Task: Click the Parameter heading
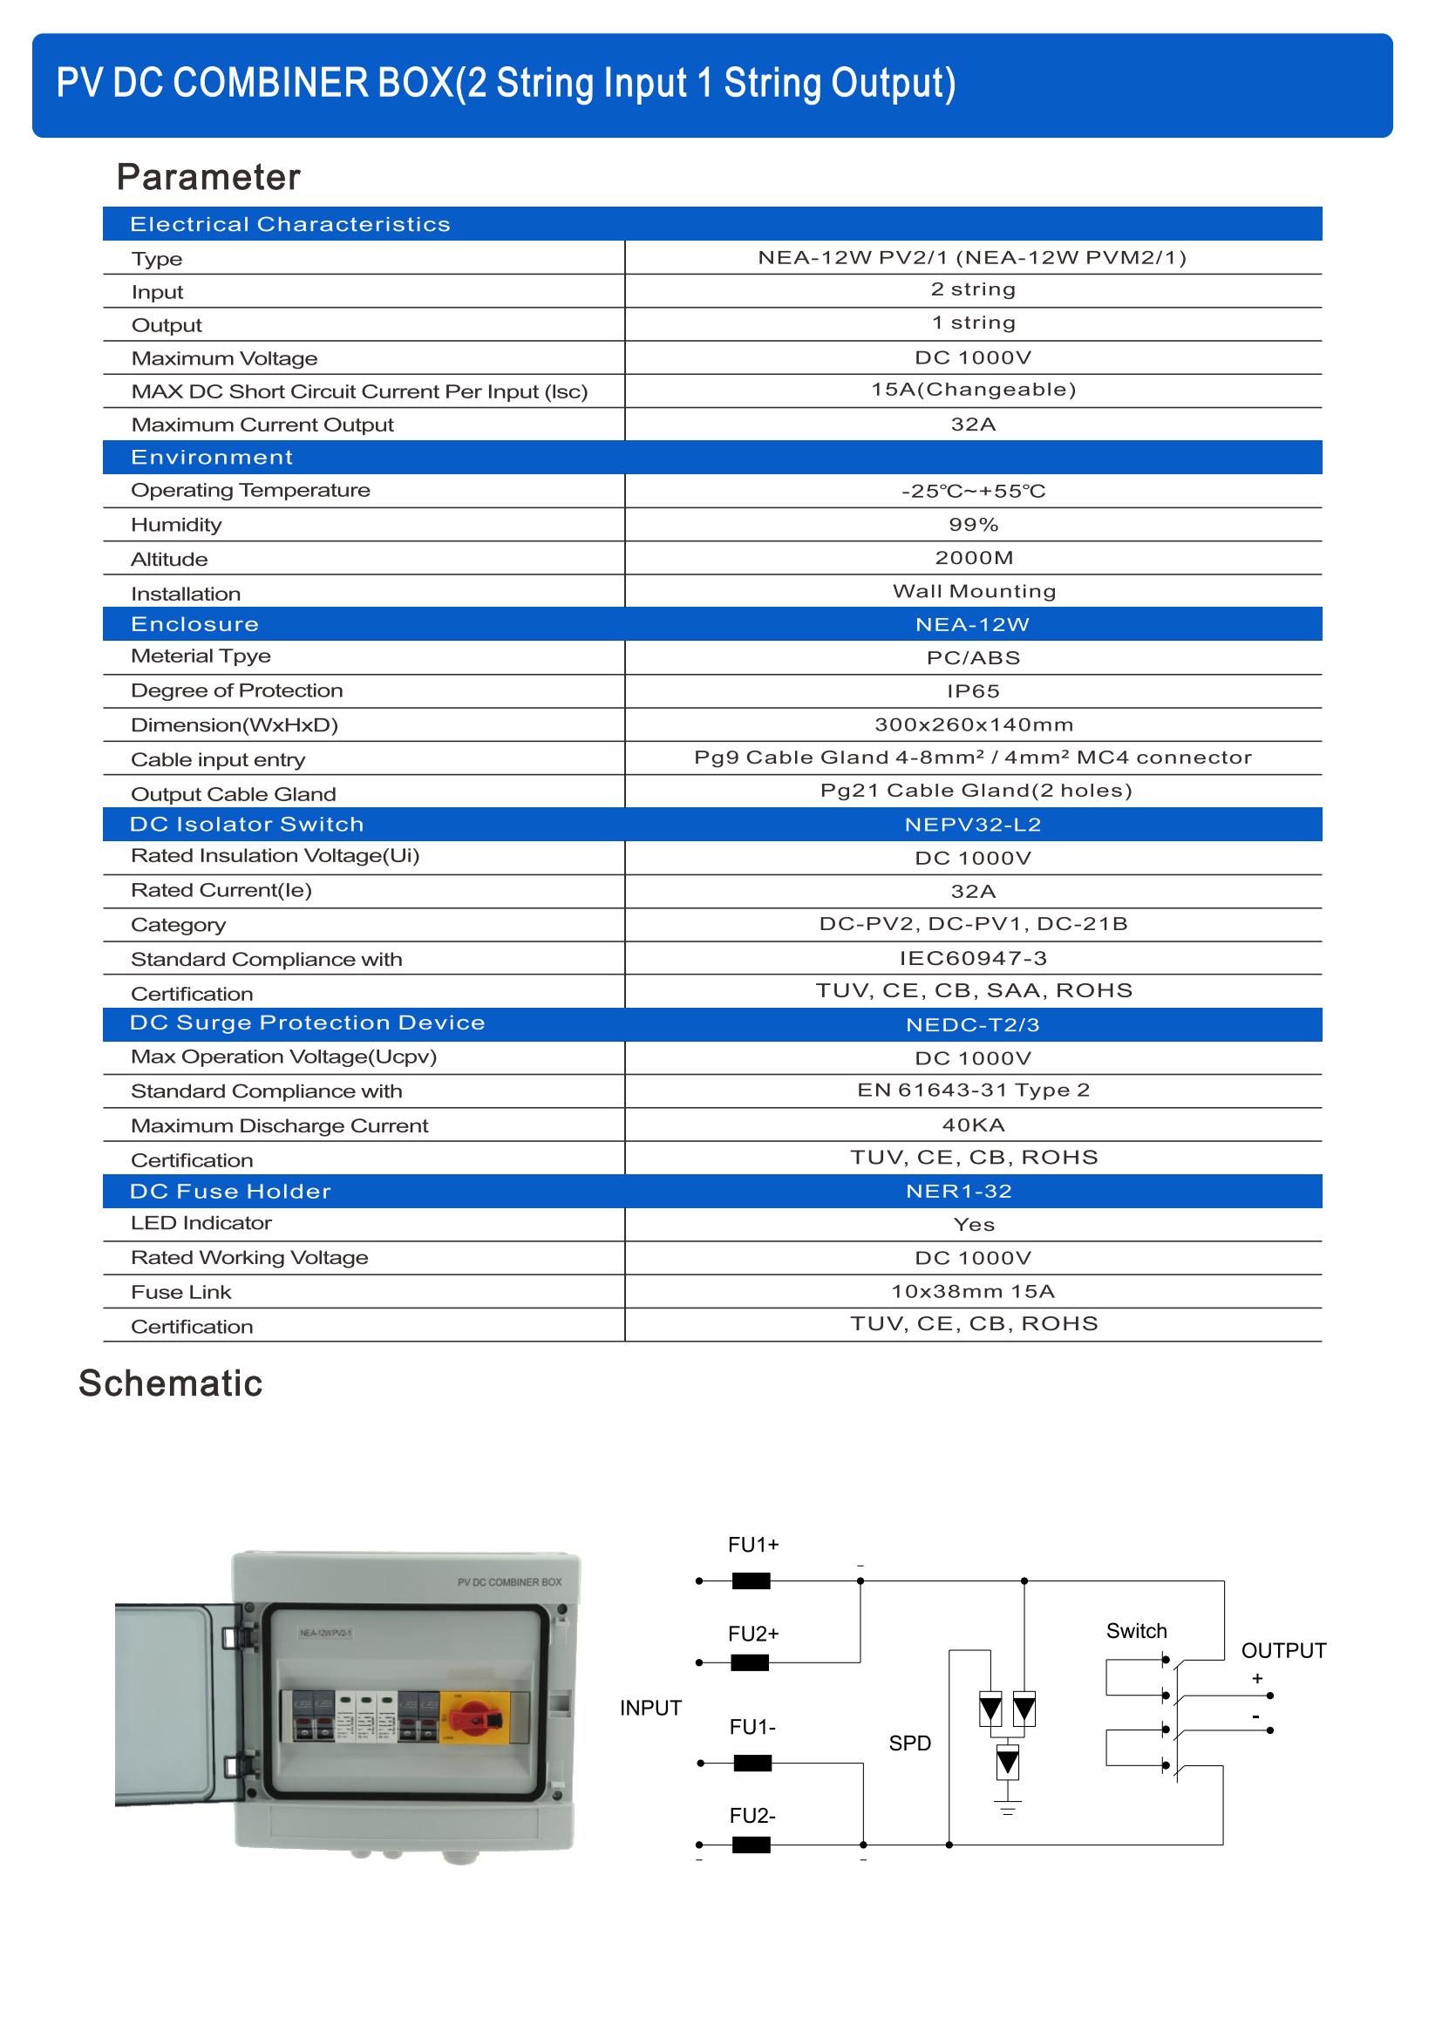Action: [208, 178]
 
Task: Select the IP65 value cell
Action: [973, 691]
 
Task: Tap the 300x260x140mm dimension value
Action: [974, 724]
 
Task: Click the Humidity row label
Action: [176, 525]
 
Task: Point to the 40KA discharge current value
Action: [973, 1125]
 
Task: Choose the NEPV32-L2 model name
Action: [972, 825]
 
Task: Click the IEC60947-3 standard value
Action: [973, 958]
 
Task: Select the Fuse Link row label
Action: [181, 1292]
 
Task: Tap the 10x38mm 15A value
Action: [973, 1291]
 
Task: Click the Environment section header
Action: [211, 458]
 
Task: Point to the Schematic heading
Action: [171, 1383]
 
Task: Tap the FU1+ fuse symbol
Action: [752, 1580]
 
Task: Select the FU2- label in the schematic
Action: [752, 1816]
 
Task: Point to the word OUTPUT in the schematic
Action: [1283, 1651]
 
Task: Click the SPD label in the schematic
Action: [910, 1743]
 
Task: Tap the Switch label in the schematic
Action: [1137, 1631]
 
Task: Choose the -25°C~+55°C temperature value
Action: [973, 491]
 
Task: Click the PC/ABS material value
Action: [973, 658]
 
